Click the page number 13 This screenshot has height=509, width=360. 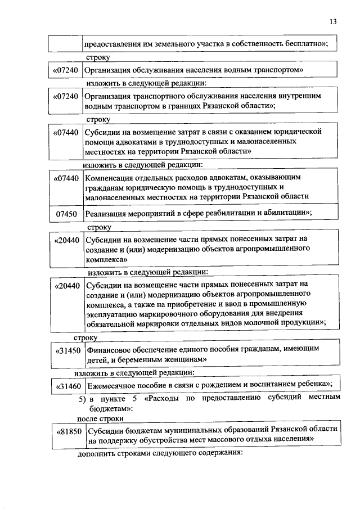pyautogui.click(x=333, y=21)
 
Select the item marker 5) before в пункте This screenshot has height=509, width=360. pyautogui.click(x=82, y=399)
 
